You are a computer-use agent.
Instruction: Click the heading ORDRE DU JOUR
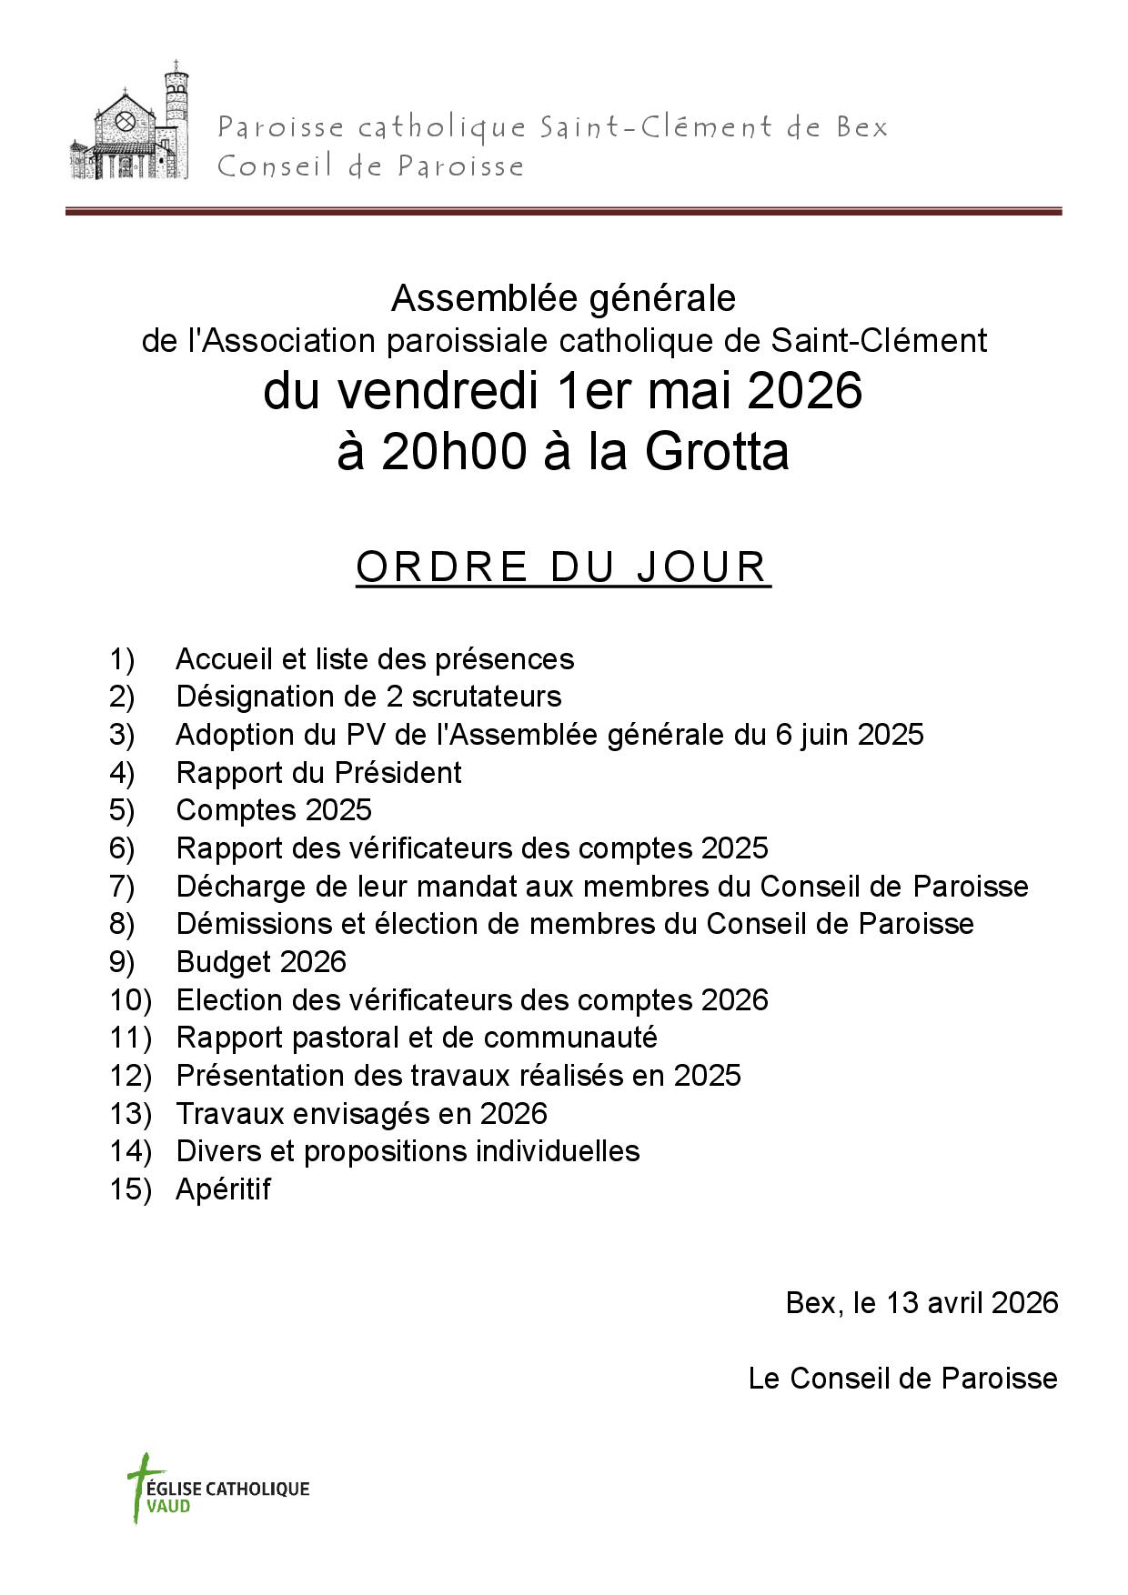tap(563, 567)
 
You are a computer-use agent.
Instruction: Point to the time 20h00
tap(453, 452)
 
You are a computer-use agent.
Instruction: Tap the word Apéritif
tap(223, 1189)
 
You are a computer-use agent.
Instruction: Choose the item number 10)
tap(130, 1000)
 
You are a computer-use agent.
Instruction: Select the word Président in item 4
tap(398, 773)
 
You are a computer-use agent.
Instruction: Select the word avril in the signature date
tap(954, 1303)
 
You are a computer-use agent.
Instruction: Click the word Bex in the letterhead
tap(861, 127)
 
